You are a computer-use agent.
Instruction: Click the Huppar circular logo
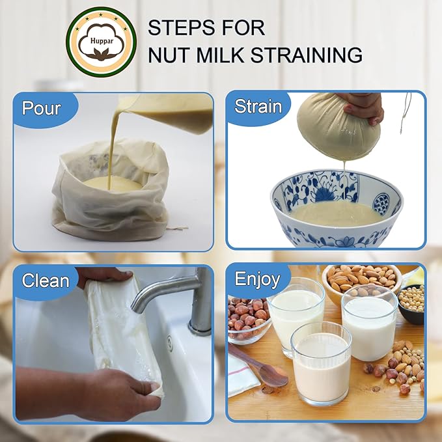(x=102, y=42)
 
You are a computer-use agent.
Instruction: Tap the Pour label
(x=42, y=107)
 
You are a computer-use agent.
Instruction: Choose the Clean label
(x=46, y=281)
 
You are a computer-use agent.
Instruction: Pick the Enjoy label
(x=257, y=280)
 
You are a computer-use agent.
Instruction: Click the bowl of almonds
(x=362, y=280)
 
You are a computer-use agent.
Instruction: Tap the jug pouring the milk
(x=179, y=114)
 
